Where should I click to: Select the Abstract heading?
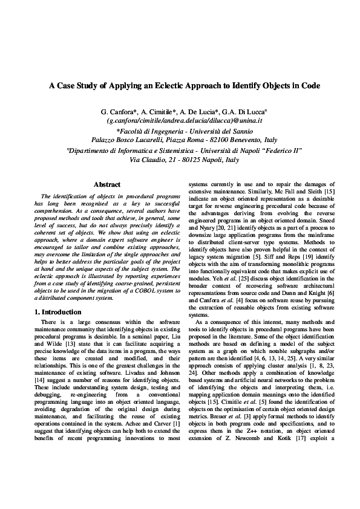[107, 184]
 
